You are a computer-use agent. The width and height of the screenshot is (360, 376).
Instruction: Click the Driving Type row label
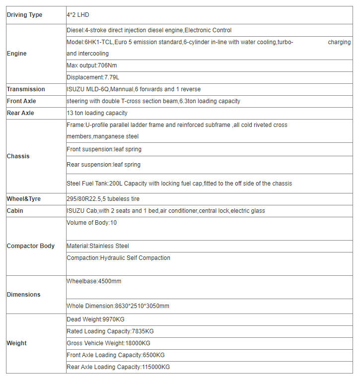(x=24, y=15)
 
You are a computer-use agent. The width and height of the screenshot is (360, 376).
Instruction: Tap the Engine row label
(x=17, y=53)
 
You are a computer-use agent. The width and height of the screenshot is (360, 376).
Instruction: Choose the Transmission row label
(x=26, y=89)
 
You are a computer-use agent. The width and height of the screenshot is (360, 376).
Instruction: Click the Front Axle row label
(x=21, y=101)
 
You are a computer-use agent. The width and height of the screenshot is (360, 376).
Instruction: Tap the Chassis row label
(x=18, y=156)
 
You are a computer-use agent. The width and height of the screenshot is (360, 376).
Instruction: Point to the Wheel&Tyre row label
(x=24, y=199)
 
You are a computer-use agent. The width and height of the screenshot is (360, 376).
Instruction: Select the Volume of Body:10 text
(x=92, y=223)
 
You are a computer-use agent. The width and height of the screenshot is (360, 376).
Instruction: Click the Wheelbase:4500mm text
(x=94, y=281)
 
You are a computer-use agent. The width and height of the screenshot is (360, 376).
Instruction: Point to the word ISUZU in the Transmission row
(x=75, y=89)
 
